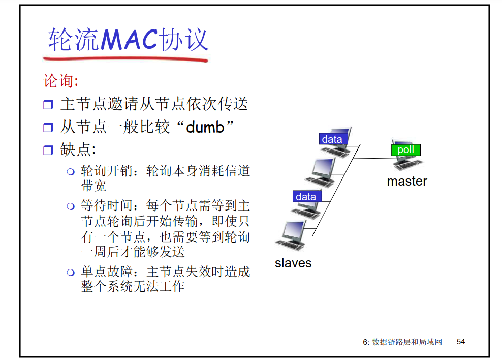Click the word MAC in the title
click(129, 39)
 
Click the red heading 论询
click(60, 81)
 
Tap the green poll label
click(405, 150)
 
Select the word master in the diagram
click(407, 182)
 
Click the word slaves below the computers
click(293, 263)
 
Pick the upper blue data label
click(332, 139)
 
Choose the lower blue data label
click(306, 196)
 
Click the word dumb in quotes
click(205, 127)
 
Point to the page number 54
click(461, 342)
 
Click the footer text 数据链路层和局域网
click(407, 342)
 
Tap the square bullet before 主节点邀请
click(48, 105)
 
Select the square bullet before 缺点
click(48, 151)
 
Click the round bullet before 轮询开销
click(71, 171)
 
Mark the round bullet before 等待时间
click(71, 206)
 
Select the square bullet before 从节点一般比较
click(48, 128)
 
